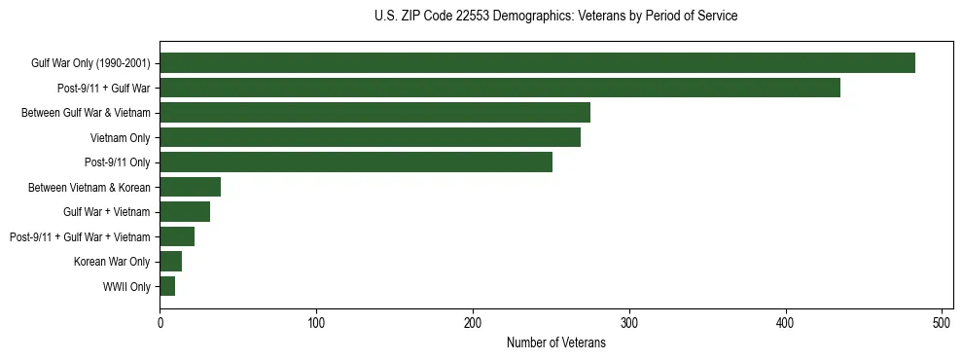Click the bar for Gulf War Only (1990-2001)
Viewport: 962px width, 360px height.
537,63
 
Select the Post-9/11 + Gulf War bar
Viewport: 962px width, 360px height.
500,88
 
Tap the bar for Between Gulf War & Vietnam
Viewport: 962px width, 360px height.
374,113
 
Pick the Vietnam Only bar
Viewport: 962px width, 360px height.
370,137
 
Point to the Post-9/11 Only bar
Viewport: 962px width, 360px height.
356,162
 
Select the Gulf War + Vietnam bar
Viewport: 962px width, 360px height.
185,212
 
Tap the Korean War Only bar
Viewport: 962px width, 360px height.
170,261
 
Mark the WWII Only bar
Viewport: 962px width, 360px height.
167,286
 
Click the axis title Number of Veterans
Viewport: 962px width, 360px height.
556,342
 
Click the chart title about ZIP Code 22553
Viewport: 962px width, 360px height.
556,17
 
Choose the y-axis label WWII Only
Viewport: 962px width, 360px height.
126,286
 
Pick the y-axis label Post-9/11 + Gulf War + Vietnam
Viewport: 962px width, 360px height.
80,236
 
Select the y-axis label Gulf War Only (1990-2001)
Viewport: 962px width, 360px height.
90,63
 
